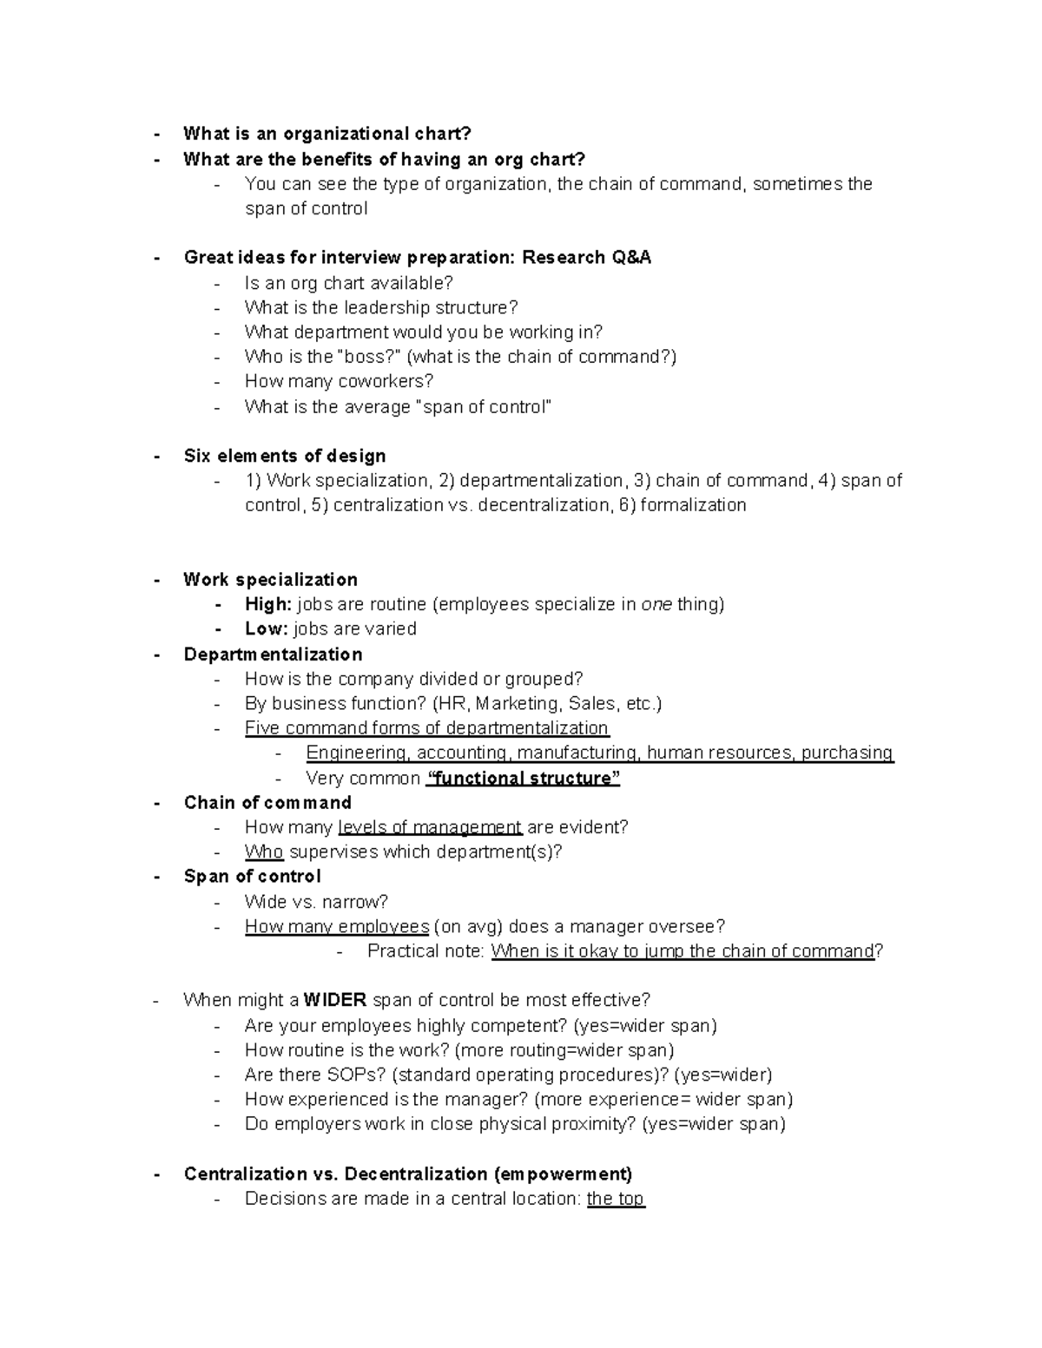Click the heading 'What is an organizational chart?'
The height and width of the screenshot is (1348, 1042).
click(327, 134)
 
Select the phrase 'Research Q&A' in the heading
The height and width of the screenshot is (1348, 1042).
click(586, 258)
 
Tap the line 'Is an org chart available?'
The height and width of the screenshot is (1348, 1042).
click(349, 283)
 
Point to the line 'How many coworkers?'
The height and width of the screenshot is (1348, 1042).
click(339, 381)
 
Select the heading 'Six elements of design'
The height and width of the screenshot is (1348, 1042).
click(285, 457)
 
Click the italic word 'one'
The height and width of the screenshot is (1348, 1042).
click(656, 604)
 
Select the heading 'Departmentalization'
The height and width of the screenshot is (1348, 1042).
click(273, 654)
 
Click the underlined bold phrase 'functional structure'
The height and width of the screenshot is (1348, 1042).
click(523, 779)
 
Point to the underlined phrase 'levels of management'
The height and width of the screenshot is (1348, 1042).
click(430, 827)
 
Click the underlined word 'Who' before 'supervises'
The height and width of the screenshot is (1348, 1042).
click(264, 852)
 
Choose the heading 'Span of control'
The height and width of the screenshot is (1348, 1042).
click(252, 877)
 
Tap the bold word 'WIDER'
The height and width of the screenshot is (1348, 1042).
click(335, 1000)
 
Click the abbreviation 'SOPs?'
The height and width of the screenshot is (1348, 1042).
click(359, 1075)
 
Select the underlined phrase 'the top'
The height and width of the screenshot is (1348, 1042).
click(616, 1199)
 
